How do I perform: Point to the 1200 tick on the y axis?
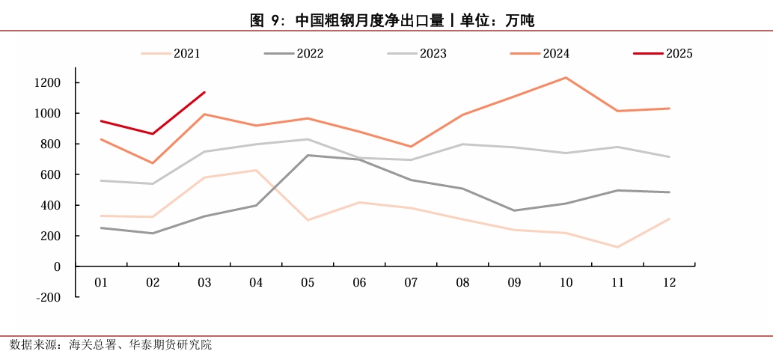[x=47, y=82]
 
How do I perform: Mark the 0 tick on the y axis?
[x=57, y=266]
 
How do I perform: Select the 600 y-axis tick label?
[x=50, y=174]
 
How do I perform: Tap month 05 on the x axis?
[x=308, y=283]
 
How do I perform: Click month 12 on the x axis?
[x=669, y=283]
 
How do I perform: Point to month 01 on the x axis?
[x=101, y=283]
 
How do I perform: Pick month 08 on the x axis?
[x=462, y=283]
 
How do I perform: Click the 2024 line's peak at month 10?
[x=566, y=78]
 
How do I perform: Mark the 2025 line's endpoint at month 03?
[x=204, y=93]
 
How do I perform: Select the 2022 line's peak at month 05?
[x=308, y=155]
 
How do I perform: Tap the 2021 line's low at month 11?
[x=617, y=247]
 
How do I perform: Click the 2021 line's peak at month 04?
[x=256, y=170]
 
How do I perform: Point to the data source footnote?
[x=111, y=345]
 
